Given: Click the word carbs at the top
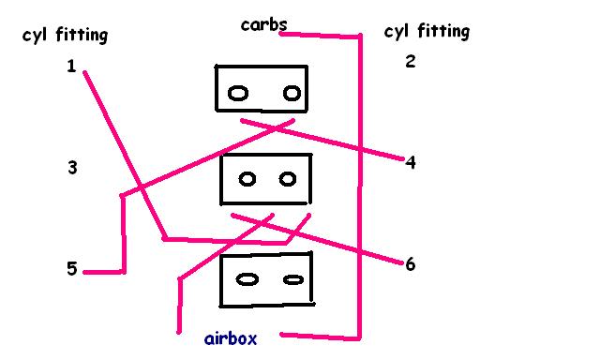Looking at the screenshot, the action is tap(264, 25).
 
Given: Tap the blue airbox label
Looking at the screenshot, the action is tap(231, 338).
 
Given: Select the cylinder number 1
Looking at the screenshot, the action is tap(71, 67).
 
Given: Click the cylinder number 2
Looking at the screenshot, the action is tap(411, 61).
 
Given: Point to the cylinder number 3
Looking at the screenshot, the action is tap(72, 168).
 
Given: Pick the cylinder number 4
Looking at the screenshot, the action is tap(411, 162).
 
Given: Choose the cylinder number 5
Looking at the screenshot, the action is tap(72, 268).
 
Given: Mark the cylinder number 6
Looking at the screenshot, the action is tap(411, 264).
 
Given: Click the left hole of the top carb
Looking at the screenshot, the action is tap(238, 94).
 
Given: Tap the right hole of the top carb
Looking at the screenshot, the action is tap(292, 93).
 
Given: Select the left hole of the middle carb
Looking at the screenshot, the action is tap(247, 179).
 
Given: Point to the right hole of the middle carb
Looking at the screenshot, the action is tap(288, 179).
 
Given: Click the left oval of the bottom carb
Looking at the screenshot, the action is tap(247, 279).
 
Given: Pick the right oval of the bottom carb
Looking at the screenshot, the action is tap(293, 280).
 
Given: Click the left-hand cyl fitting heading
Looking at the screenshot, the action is tap(65, 36).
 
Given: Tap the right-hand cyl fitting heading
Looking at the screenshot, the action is tap(427, 31).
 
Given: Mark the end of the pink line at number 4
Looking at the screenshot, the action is tap(402, 158).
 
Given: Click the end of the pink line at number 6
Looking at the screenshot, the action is tap(401, 262).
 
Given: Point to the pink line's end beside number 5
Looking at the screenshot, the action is tap(84, 273).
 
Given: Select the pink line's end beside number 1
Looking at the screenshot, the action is tap(84, 72).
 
